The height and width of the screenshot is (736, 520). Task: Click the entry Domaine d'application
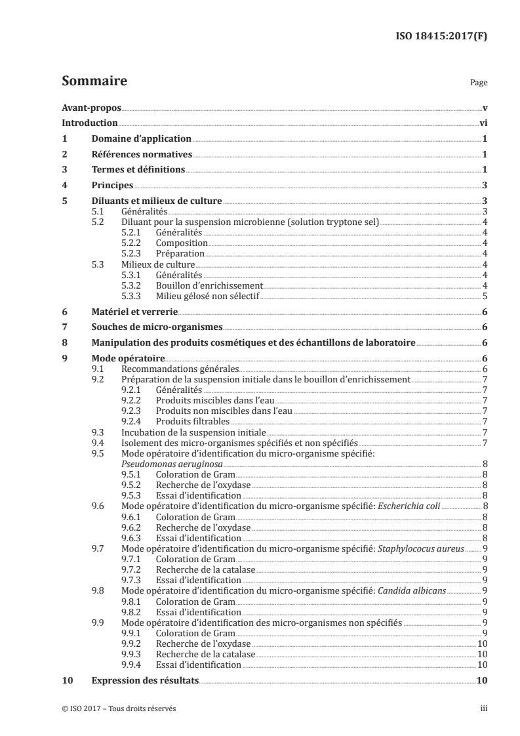point(141,139)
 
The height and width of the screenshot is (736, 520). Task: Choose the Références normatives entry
point(142,155)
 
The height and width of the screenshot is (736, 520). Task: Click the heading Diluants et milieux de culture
point(157,201)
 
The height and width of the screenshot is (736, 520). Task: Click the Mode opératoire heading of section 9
point(128,359)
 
